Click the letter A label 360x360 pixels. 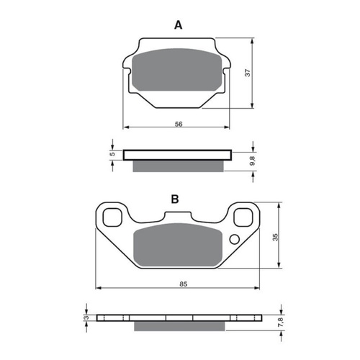click(178, 24)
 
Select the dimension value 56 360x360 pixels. click(179, 124)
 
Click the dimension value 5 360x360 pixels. click(112, 154)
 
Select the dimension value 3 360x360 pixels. click(85, 318)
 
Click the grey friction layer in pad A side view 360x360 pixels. click(178, 166)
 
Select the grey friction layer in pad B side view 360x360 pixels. click(179, 328)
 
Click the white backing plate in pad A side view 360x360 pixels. click(178, 154)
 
